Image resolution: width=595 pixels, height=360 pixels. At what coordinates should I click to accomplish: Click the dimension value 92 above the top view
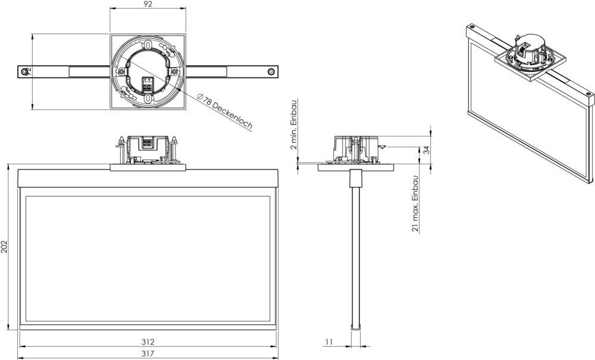(x=148, y=5)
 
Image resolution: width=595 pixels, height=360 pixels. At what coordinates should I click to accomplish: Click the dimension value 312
(x=148, y=342)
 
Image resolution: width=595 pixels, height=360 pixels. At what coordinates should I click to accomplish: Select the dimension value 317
(x=148, y=353)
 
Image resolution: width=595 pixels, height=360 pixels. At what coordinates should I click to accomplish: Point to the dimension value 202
(x=5, y=248)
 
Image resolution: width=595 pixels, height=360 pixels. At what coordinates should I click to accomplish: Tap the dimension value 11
(x=329, y=342)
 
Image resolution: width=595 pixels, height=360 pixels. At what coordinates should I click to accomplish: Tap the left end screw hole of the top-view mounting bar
(x=24, y=71)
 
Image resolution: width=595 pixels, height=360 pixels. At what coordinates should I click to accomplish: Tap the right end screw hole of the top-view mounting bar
(x=271, y=71)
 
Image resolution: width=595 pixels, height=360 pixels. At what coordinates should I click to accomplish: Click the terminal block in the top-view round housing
(x=148, y=83)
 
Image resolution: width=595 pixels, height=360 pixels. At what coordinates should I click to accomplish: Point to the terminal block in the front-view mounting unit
(x=148, y=143)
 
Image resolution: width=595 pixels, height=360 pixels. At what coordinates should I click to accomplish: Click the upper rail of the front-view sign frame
(x=148, y=178)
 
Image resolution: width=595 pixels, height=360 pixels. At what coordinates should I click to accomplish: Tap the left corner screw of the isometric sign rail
(x=472, y=27)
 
